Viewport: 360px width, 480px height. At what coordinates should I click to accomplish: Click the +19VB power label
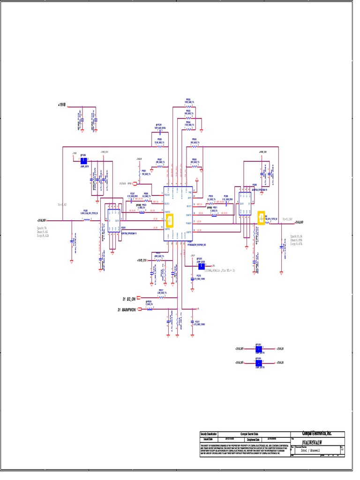[x=62, y=105]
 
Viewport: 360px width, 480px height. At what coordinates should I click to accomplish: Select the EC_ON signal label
[x=129, y=299]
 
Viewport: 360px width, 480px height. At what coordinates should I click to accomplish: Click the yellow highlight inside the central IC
[x=170, y=219]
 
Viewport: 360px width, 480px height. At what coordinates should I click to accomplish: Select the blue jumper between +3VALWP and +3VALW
[x=258, y=349]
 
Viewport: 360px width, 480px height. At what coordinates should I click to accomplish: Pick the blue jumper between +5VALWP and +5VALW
[x=258, y=363]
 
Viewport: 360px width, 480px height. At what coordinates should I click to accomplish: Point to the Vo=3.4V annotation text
[x=62, y=205]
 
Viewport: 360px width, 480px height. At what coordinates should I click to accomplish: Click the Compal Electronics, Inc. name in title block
[x=317, y=434]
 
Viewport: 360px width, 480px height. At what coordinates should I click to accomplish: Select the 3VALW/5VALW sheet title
[x=312, y=442]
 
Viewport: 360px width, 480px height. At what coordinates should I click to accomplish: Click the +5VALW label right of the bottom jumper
[x=280, y=363]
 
